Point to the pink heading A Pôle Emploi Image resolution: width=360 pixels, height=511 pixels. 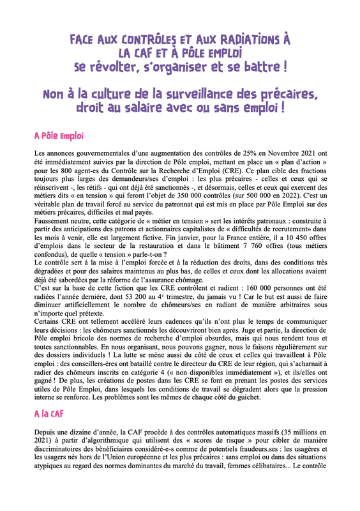(59, 136)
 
